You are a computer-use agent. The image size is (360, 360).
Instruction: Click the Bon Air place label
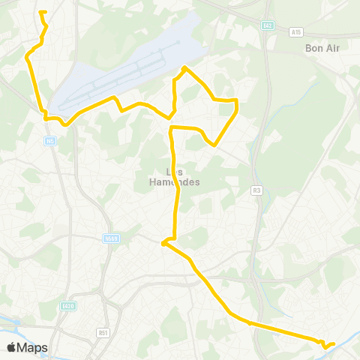point(323,49)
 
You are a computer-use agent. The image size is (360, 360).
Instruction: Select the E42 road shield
point(268,25)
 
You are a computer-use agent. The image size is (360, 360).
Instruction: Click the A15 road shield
point(296,32)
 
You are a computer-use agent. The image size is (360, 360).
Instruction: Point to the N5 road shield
point(49,140)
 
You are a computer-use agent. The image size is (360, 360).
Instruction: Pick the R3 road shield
point(257,190)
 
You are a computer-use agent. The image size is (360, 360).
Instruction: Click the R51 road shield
point(103,331)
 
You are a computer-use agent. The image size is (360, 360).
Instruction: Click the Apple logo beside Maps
point(11,347)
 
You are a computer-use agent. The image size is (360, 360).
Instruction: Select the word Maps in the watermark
point(32,347)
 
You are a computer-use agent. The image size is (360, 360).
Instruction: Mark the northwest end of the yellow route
point(40,12)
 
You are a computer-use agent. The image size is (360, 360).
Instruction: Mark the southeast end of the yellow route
point(334,343)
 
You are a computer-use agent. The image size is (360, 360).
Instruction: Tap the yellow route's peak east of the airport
point(184,68)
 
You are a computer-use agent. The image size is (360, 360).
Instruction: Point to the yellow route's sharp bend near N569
point(163,242)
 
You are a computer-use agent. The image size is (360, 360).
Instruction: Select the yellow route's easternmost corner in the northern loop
point(237,100)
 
